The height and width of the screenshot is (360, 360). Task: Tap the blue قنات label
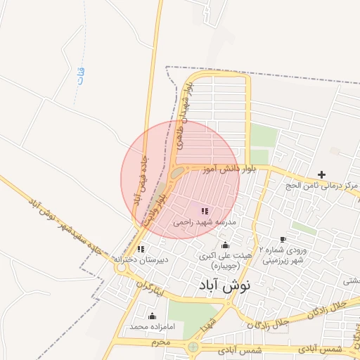(79, 75)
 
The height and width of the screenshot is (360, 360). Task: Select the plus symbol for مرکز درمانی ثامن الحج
(322, 174)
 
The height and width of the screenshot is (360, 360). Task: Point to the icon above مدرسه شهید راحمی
(205, 211)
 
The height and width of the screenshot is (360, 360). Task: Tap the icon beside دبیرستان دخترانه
(141, 249)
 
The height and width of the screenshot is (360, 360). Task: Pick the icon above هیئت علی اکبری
(225, 245)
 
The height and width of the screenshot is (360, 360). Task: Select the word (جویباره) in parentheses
(224, 266)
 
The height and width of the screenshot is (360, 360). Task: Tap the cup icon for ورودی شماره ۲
(283, 240)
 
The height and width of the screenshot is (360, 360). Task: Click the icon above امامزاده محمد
(152, 316)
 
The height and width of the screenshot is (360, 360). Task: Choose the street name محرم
(161, 342)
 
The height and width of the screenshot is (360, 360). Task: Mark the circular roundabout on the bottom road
(193, 347)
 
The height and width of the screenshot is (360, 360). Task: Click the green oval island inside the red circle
(176, 172)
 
